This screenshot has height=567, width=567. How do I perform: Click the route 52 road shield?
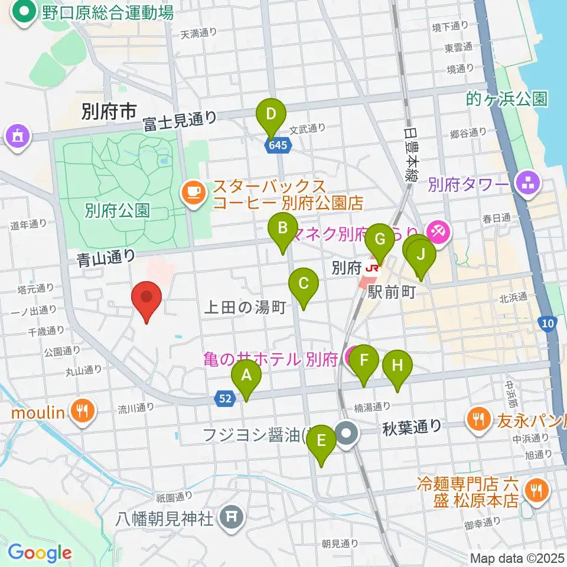click(x=225, y=400)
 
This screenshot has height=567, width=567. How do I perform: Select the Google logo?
click(x=40, y=553)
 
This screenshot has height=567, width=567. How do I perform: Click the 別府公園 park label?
click(x=116, y=210)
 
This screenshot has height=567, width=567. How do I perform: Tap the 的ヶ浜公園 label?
click(x=506, y=99)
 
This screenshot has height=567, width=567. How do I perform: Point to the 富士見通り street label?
click(x=180, y=120)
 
